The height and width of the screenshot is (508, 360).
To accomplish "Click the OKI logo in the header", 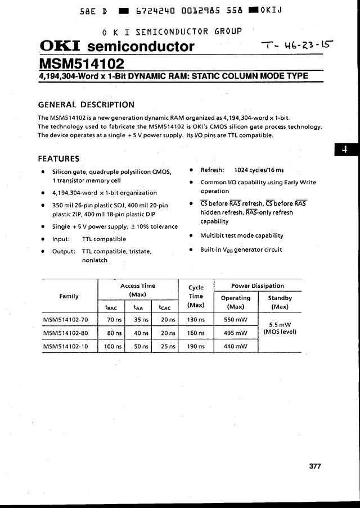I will tap(60, 46).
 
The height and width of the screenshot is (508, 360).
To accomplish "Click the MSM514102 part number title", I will tap(82, 63).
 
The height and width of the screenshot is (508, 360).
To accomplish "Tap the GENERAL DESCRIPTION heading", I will tap(86, 105).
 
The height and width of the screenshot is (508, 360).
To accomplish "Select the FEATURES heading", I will tap(58, 158).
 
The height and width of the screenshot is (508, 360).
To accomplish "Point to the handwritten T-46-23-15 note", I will tap(296, 48).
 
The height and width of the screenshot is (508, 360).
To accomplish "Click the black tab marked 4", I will tap(345, 149).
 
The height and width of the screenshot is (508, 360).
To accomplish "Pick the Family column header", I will tap(69, 296).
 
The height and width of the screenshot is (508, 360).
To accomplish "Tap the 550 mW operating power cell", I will tap(236, 319).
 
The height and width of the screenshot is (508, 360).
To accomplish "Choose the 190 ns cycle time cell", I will tap(196, 346).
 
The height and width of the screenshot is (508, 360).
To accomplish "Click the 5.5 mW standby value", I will tap(280, 324).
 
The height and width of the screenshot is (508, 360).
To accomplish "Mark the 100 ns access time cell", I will tap(113, 346).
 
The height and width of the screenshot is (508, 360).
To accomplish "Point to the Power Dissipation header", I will tap(258, 285).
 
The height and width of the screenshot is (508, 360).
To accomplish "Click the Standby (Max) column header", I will tap(280, 302).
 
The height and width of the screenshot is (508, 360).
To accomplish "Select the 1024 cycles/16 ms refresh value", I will tap(259, 170).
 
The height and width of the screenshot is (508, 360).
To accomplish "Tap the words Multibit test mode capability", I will tap(242, 235).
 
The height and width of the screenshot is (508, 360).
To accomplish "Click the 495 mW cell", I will tap(236, 333).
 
